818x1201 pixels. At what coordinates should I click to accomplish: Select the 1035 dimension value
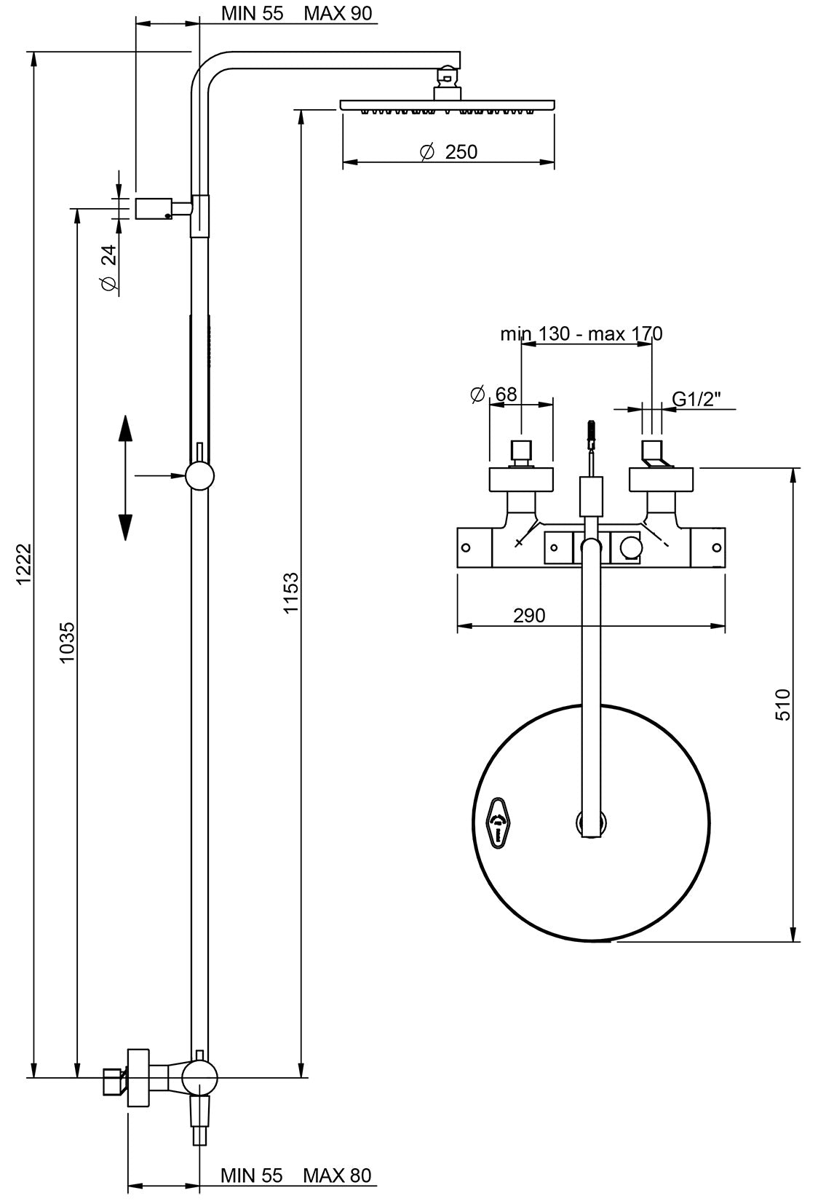tap(67, 641)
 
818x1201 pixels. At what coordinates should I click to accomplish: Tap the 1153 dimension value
tap(291, 593)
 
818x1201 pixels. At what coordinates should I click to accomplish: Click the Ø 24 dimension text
tap(108, 268)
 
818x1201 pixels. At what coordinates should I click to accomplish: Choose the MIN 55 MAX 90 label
tap(296, 13)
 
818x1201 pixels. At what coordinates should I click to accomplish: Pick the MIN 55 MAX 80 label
tap(295, 1176)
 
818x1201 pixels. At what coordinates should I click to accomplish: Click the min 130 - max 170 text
tap(581, 334)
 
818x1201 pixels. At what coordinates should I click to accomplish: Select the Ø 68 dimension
tap(494, 395)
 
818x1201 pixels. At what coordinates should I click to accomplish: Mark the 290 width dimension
tap(529, 616)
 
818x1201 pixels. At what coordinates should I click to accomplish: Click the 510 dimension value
tap(782, 704)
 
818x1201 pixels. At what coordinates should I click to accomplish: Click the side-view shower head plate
tap(447, 106)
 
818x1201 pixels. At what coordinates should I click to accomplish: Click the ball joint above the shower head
tap(446, 75)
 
